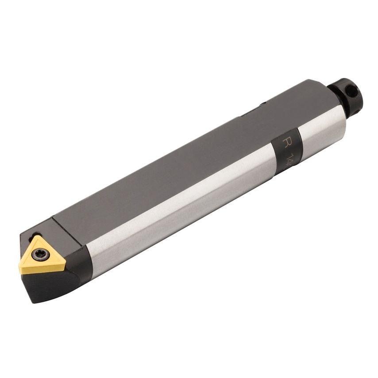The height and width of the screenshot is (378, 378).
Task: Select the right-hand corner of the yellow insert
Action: tap(65, 265)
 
